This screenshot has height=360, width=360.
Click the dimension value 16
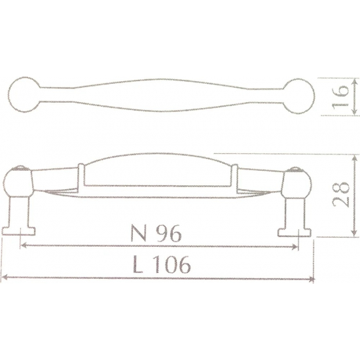coord(340,96)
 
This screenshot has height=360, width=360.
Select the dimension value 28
coord(340,195)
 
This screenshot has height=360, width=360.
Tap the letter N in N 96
coord(139,232)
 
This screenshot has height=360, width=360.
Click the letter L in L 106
coord(137,264)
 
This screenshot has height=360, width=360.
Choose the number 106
coord(171,264)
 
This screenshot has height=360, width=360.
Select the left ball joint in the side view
coord(18,180)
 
